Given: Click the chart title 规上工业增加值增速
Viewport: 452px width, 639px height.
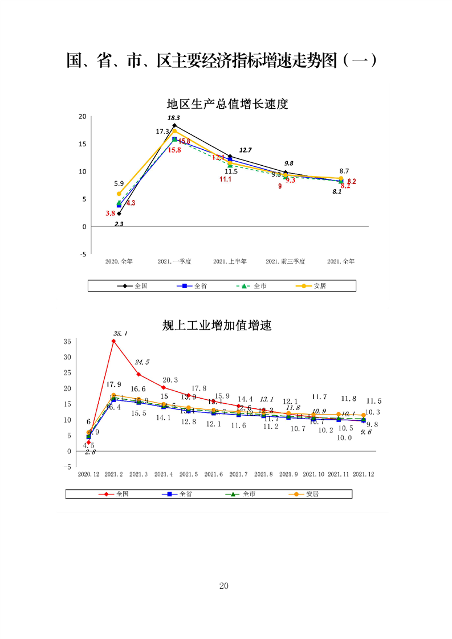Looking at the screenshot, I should [x=217, y=326].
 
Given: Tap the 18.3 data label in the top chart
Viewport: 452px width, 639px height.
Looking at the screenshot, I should [x=173, y=117].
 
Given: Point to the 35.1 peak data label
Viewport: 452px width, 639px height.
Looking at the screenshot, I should [x=120, y=333].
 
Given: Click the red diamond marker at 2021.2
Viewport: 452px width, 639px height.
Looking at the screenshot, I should [x=114, y=341].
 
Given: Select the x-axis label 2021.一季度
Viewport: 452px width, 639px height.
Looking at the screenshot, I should [x=174, y=261].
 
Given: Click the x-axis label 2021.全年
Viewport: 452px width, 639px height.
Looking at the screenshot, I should [x=341, y=261].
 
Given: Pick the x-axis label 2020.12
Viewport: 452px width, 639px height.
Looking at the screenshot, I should [x=88, y=474].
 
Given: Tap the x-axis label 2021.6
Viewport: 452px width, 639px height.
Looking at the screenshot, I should [x=214, y=474].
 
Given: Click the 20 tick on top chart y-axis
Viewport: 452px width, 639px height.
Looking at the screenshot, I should [x=83, y=116].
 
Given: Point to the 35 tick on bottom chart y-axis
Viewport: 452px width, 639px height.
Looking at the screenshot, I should [x=67, y=341].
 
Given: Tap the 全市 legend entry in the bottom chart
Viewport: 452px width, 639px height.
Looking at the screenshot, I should [x=249, y=494].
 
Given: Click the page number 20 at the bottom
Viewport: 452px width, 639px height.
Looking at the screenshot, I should [x=223, y=586].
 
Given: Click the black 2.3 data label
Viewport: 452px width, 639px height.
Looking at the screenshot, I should [x=119, y=224].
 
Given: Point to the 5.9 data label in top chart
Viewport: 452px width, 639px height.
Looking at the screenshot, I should [x=119, y=183].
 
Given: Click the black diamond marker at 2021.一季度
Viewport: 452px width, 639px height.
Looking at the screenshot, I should [x=174, y=125].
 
